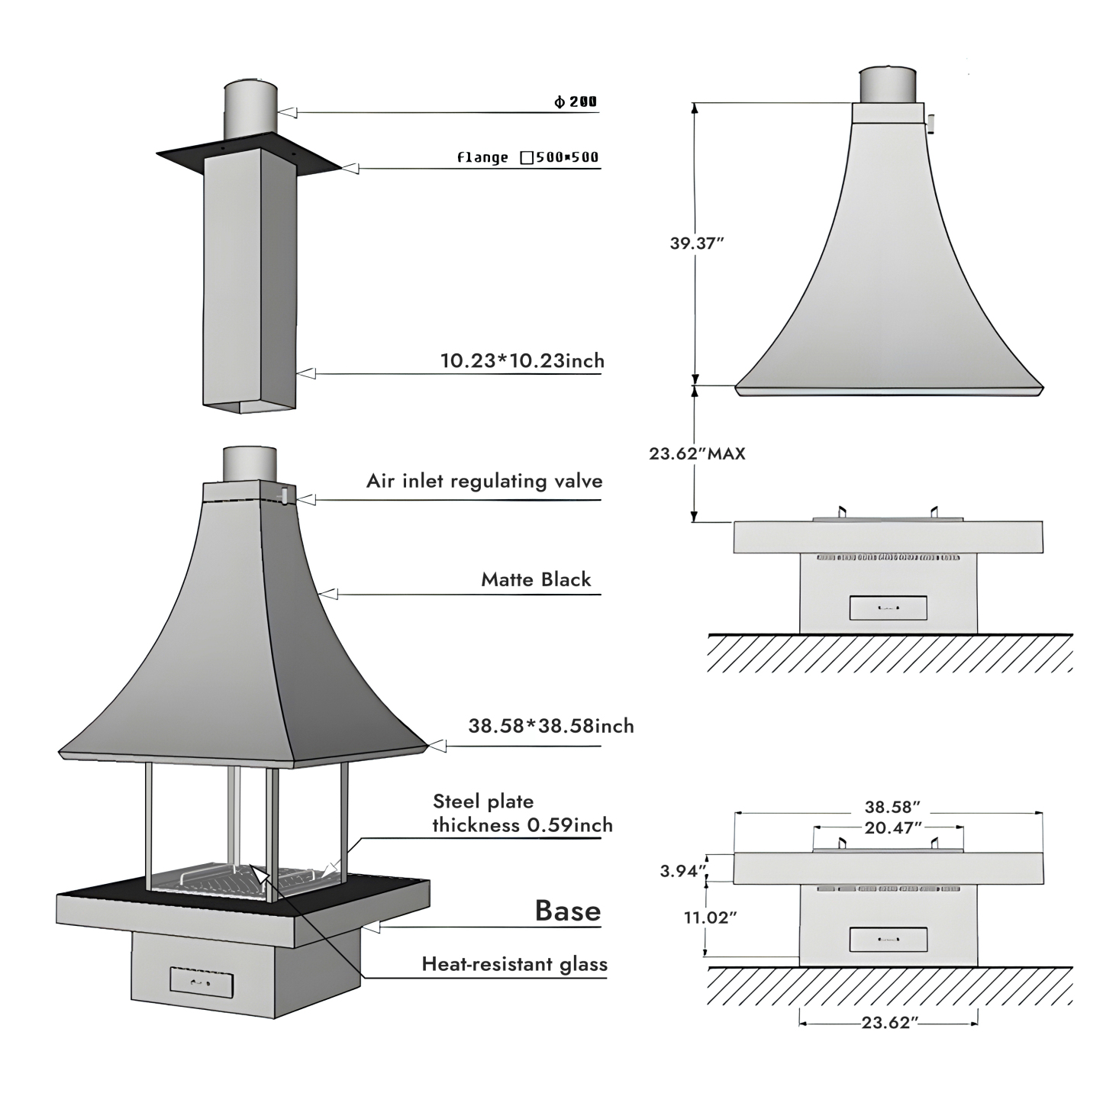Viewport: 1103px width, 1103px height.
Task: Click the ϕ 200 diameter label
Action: pyautogui.click(x=576, y=102)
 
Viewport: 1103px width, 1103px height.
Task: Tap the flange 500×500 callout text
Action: pyautogui.click(x=527, y=157)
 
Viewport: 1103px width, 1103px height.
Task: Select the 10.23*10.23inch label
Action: pyautogui.click(x=522, y=360)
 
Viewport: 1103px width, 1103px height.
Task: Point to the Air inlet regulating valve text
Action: pyautogui.click(x=484, y=481)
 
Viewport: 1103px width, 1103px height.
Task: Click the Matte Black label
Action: pyautogui.click(x=536, y=579)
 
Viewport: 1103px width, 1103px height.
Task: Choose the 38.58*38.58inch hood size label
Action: pyautogui.click(x=551, y=726)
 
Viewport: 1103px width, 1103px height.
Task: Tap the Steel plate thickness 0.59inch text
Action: pyautogui.click(x=522, y=813)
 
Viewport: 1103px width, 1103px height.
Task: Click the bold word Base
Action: pyautogui.click(x=568, y=910)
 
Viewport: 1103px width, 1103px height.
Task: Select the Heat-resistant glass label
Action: pyautogui.click(x=514, y=964)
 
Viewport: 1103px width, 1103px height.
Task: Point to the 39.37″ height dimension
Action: pyautogui.click(x=697, y=243)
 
